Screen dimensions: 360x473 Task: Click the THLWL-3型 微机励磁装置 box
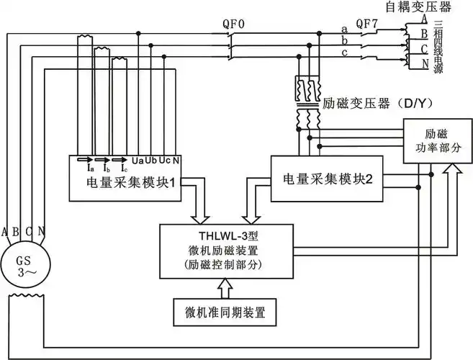tap(226, 249)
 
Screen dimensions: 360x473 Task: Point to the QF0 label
tap(234, 23)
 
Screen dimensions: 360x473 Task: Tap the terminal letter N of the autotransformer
tap(425, 63)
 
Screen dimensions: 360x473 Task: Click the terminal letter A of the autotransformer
tap(425, 18)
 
